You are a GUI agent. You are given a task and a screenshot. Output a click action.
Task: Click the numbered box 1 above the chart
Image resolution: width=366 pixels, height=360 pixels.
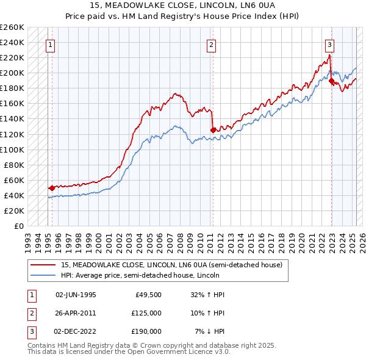[x=49, y=45]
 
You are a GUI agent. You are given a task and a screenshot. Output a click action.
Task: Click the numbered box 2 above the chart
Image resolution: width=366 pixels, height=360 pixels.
[x=210, y=45]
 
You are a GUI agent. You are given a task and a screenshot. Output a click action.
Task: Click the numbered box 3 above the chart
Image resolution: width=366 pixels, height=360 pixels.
[x=329, y=45]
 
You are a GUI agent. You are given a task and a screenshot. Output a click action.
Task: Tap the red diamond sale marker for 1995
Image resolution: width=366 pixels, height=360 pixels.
[x=52, y=188]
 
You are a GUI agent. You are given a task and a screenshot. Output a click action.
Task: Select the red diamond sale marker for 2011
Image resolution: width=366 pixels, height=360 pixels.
[x=212, y=130]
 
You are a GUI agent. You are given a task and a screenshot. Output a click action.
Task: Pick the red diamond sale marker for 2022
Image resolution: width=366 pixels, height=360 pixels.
[x=331, y=80]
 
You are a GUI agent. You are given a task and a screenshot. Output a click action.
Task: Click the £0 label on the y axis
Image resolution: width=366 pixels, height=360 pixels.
[x=19, y=226]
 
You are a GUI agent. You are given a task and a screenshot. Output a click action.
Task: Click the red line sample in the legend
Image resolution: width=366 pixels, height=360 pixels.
[x=43, y=265]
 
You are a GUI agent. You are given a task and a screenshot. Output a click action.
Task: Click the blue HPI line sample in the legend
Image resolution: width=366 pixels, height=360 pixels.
[x=43, y=275]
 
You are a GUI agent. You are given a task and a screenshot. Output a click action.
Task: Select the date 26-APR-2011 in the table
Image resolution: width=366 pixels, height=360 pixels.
[x=76, y=312]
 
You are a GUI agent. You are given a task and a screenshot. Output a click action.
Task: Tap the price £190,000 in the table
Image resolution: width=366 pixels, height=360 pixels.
[x=146, y=331]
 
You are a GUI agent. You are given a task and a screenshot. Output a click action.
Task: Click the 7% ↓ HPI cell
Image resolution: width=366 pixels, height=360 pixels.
[x=210, y=331]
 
